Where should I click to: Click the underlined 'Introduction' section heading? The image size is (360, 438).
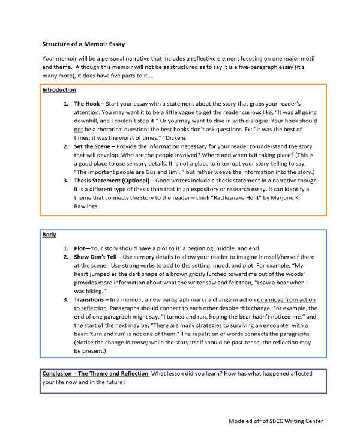pyautogui.click(x=59, y=90)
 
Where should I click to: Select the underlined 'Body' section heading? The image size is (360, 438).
pyautogui.click(x=49, y=235)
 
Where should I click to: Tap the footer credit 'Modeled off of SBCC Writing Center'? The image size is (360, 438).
pyautogui.click(x=276, y=421)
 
